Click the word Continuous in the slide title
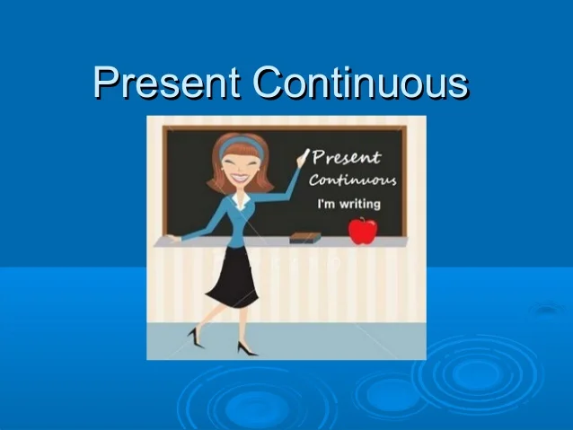point(359,83)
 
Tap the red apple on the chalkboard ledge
point(363,232)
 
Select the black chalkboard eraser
point(304,238)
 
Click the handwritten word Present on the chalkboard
point(346,160)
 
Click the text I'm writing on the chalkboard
point(349,204)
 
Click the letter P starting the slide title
point(106,83)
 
